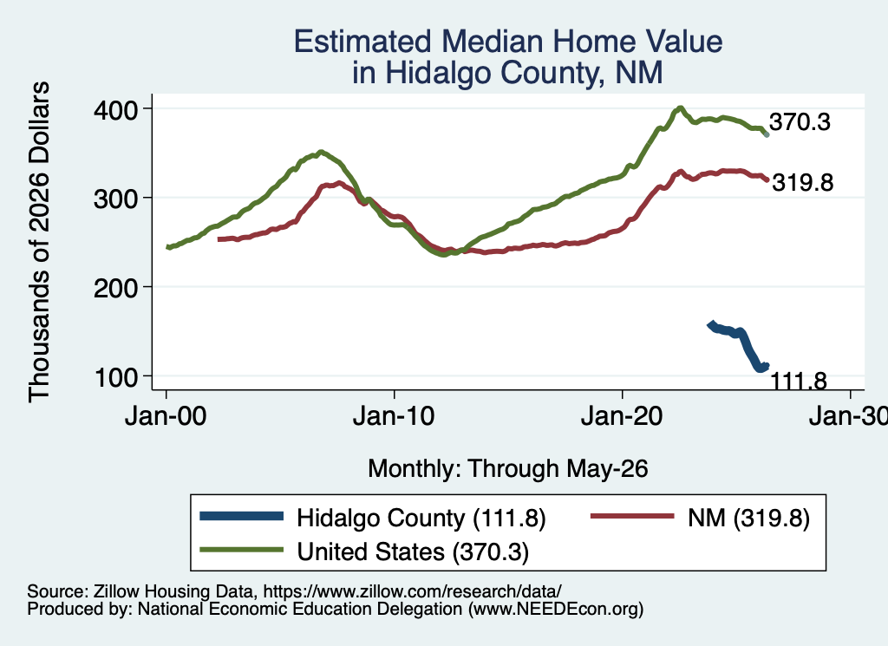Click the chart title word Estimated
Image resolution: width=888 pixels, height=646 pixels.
(x=362, y=42)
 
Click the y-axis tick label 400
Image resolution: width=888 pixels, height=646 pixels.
(x=116, y=109)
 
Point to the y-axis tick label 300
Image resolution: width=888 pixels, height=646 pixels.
(x=116, y=199)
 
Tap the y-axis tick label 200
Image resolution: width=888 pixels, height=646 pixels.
(x=116, y=288)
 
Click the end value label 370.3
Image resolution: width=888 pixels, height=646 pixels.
(x=800, y=121)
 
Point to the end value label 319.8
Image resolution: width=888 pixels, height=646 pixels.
(x=803, y=182)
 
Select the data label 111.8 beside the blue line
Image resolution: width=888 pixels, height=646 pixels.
(x=799, y=381)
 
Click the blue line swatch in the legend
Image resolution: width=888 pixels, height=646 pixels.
(x=242, y=516)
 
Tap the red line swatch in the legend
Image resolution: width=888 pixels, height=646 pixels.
(x=632, y=516)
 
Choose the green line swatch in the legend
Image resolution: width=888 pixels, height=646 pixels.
(x=242, y=550)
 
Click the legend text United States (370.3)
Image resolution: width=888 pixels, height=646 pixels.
(x=413, y=551)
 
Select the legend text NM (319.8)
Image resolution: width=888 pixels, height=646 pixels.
(x=748, y=518)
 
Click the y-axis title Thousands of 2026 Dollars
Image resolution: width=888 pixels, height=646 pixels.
(x=39, y=242)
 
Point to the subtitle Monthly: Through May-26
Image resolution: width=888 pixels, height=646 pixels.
(x=508, y=469)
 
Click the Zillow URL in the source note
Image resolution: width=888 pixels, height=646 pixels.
(x=412, y=591)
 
